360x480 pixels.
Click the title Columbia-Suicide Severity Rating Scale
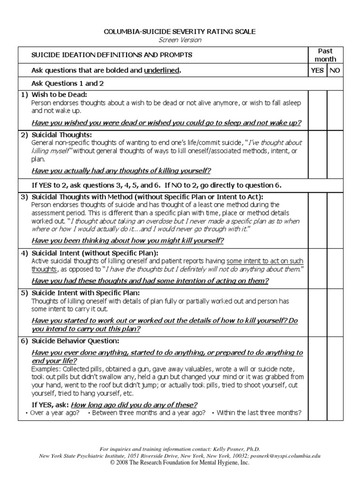tap(180, 31)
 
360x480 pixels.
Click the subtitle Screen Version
tap(180, 40)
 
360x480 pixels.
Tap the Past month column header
tap(325, 55)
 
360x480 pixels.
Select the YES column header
tap(317, 71)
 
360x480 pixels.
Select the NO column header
tap(335, 71)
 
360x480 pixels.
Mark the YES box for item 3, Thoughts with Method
tap(317, 220)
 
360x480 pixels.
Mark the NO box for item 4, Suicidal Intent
tap(335, 268)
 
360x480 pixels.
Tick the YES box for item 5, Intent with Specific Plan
tap(317, 311)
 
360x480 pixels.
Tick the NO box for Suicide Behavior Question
tap(335, 377)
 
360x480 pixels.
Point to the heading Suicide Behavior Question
tap(75, 341)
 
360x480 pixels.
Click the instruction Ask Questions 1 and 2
tap(67, 83)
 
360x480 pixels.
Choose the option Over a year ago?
tap(54, 413)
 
